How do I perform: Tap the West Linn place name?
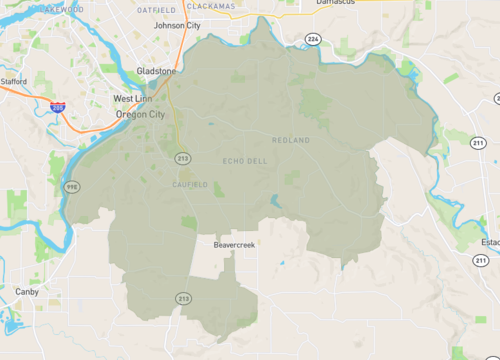pos(134,99)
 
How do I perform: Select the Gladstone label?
pos(156,72)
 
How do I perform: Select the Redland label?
pos(291,140)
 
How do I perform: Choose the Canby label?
pos(26,291)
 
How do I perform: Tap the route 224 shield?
pos(312,38)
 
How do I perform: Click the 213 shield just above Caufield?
pos(183,158)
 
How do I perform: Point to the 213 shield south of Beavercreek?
pos(183,298)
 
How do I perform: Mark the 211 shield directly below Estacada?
pos(483,260)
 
